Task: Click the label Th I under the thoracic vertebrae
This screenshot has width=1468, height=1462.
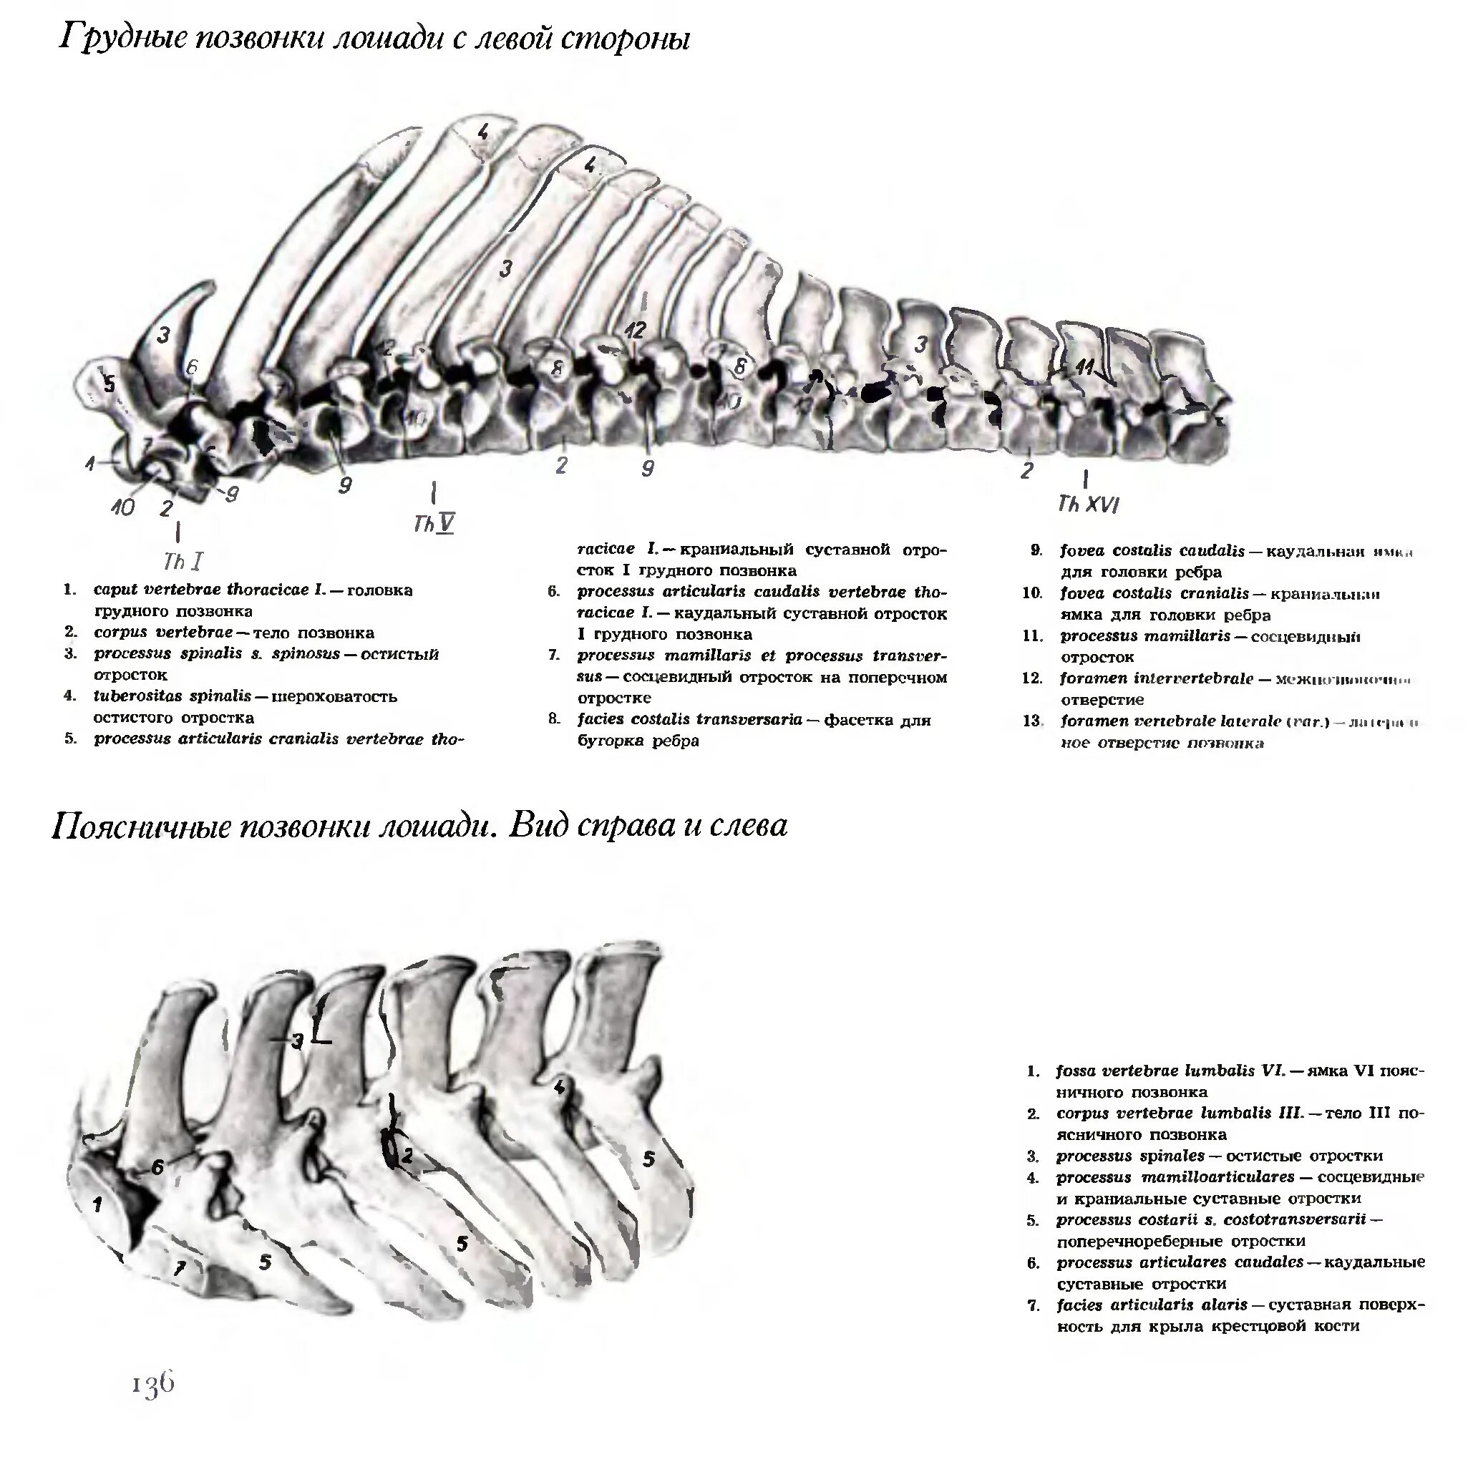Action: coord(183,562)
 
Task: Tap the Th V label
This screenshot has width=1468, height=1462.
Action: coord(434,524)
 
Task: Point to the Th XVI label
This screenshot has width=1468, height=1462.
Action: coord(1088,504)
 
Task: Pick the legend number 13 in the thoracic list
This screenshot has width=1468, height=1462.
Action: coord(1032,721)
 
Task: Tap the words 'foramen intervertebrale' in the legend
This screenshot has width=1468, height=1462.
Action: coord(1157,678)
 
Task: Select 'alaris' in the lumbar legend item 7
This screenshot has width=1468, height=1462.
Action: coord(1223,1305)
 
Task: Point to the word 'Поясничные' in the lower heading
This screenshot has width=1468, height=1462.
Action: coord(140,825)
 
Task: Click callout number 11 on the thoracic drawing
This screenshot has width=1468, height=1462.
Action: coord(1084,367)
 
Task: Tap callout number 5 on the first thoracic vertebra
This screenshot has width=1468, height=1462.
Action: coord(110,384)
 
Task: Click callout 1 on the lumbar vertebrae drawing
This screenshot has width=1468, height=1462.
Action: coord(97,1204)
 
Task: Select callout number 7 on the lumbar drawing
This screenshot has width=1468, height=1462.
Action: coord(180,1267)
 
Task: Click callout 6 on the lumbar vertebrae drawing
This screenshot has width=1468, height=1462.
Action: coord(157,1166)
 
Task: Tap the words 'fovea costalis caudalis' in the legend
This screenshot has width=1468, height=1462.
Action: coord(1152,551)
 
